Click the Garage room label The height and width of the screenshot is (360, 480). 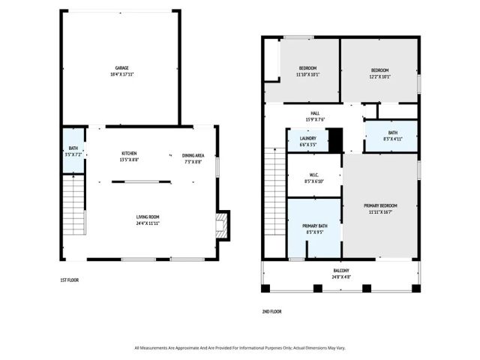(121, 71)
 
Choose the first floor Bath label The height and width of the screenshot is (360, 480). (73, 151)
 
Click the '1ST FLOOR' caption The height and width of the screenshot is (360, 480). (70, 280)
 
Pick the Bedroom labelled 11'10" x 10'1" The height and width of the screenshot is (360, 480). (307, 72)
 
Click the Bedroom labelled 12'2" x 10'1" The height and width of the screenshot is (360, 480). (379, 72)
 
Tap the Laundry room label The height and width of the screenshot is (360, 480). (307, 140)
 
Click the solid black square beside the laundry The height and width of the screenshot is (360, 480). (335, 140)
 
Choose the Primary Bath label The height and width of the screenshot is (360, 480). (313, 229)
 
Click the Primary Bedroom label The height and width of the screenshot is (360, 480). (380, 208)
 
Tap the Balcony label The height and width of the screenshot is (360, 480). (341, 274)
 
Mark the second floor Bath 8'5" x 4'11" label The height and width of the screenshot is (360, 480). (392, 136)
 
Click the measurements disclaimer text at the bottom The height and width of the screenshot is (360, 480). (240, 347)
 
